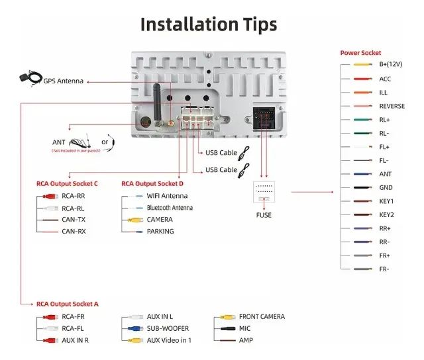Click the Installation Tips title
click(208, 24)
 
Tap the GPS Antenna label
click(64, 81)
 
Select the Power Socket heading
click(360, 53)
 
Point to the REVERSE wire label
click(392, 106)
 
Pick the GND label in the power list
click(386, 187)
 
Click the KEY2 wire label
click(386, 214)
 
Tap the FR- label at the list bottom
click(384, 269)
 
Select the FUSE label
click(264, 214)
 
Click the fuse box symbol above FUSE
click(264, 193)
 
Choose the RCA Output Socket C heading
click(67, 183)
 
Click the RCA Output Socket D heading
click(152, 183)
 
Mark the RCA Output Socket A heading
click(67, 303)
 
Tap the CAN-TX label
click(73, 220)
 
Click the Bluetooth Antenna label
click(170, 208)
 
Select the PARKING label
click(160, 232)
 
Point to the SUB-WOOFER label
click(168, 328)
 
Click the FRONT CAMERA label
click(262, 316)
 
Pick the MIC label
click(245, 328)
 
